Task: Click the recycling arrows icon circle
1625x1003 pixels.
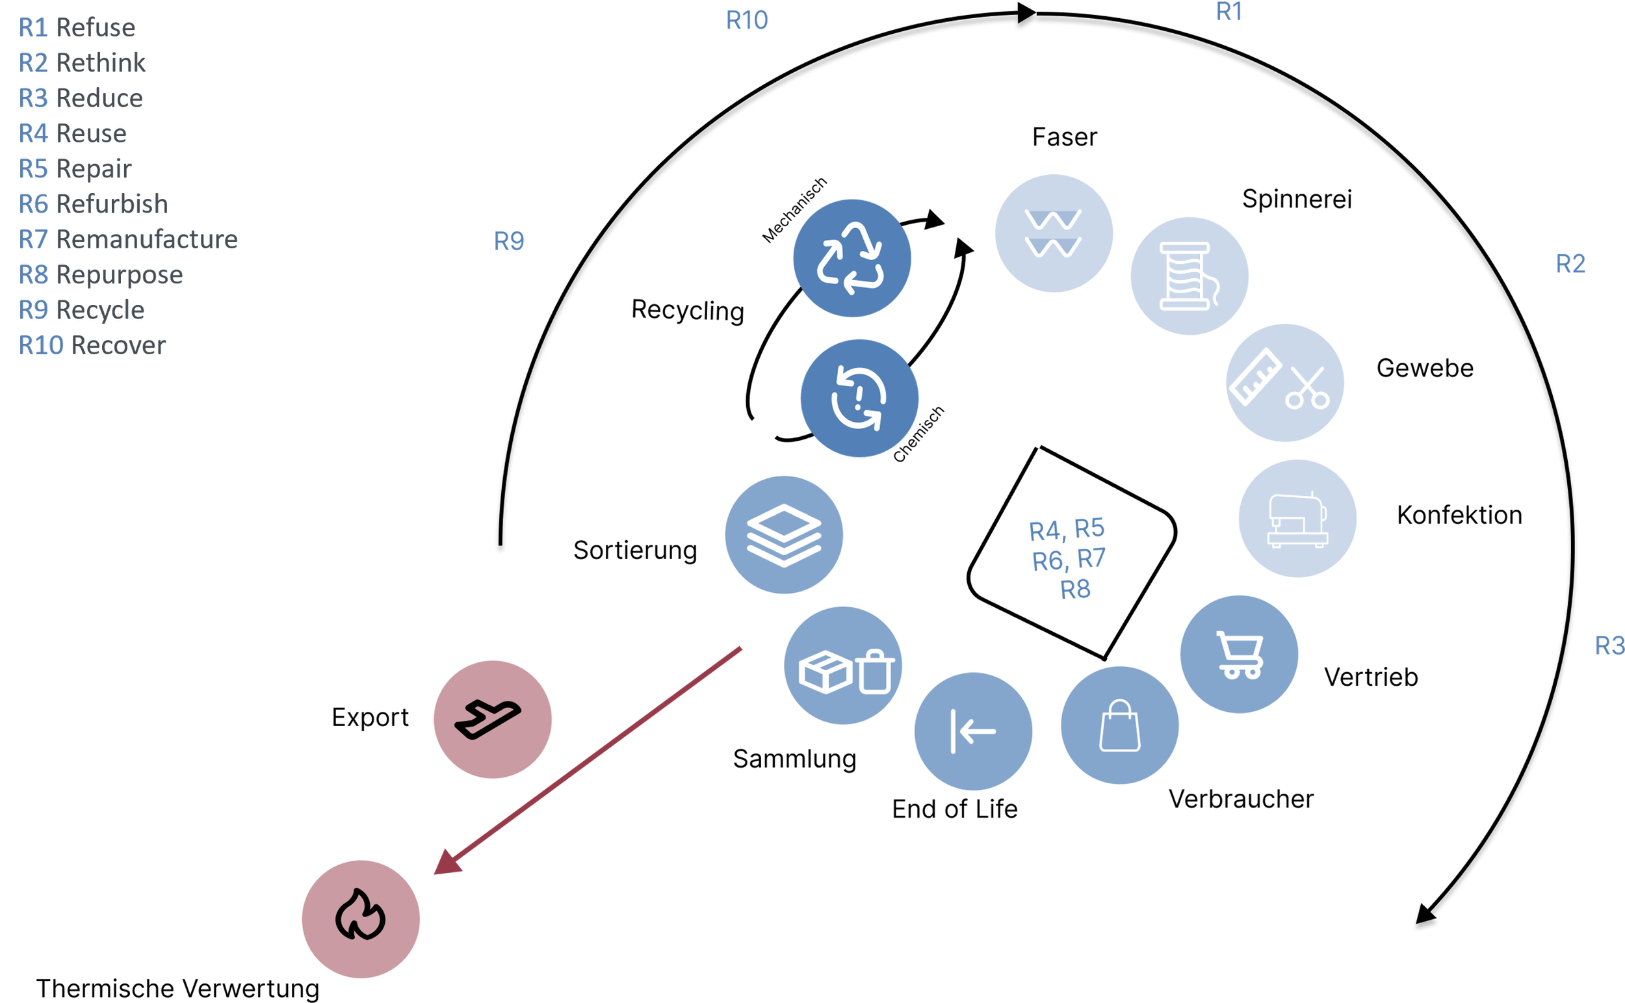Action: point(851,258)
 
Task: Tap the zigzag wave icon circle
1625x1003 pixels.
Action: point(1053,233)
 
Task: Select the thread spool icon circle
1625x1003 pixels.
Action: point(1189,276)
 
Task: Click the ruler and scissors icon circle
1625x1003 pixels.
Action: point(1285,383)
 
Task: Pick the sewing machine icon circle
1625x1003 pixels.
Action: point(1297,519)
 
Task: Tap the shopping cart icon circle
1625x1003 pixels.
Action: point(1238,654)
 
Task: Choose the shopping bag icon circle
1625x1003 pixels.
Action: point(1119,725)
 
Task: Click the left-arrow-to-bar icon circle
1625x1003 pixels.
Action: point(972,732)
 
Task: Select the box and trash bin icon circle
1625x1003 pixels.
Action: point(843,666)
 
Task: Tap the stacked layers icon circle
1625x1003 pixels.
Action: point(784,535)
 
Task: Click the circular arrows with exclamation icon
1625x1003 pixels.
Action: point(859,398)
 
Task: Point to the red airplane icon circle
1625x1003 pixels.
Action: point(492,719)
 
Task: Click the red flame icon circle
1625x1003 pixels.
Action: point(361,918)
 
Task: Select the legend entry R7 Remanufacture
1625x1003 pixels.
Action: point(128,239)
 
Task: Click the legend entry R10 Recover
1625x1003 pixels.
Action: point(92,346)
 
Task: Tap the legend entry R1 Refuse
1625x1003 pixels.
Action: point(77,28)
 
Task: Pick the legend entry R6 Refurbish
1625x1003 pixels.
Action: point(94,204)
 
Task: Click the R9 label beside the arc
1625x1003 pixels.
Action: point(509,241)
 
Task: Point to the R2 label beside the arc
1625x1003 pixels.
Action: point(1570,264)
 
